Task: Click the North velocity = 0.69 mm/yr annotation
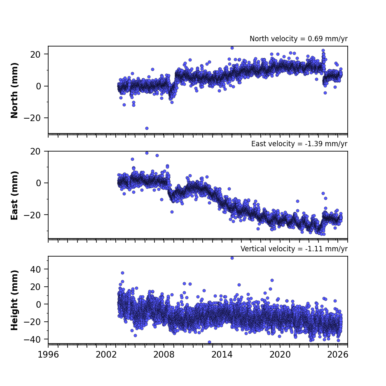pyautogui.click(x=299, y=39)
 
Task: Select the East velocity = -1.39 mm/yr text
pyautogui.click(x=299, y=144)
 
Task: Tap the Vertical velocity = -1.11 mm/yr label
pyautogui.click(x=294, y=249)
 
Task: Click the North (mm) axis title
pyautogui.click(x=14, y=90)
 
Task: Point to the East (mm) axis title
pyautogui.click(x=14, y=195)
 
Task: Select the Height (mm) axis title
pyautogui.click(x=14, y=300)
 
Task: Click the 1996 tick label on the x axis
pyautogui.click(x=48, y=355)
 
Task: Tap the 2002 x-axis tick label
pyautogui.click(x=106, y=355)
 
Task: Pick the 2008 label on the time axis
pyautogui.click(x=164, y=355)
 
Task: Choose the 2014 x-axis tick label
pyautogui.click(x=222, y=355)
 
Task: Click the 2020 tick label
pyautogui.click(x=280, y=355)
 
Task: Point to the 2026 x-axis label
pyautogui.click(x=338, y=355)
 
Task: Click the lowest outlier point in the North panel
pyautogui.click(x=147, y=128)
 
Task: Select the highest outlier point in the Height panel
pyautogui.click(x=232, y=258)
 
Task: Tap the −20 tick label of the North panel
pyautogui.click(x=32, y=118)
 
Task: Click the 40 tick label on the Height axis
pyautogui.click(x=35, y=269)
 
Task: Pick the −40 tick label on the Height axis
pyautogui.click(x=32, y=339)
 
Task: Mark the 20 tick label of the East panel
pyautogui.click(x=35, y=152)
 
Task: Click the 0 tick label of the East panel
pyautogui.click(x=38, y=183)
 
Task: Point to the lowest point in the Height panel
pyautogui.click(x=210, y=342)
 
